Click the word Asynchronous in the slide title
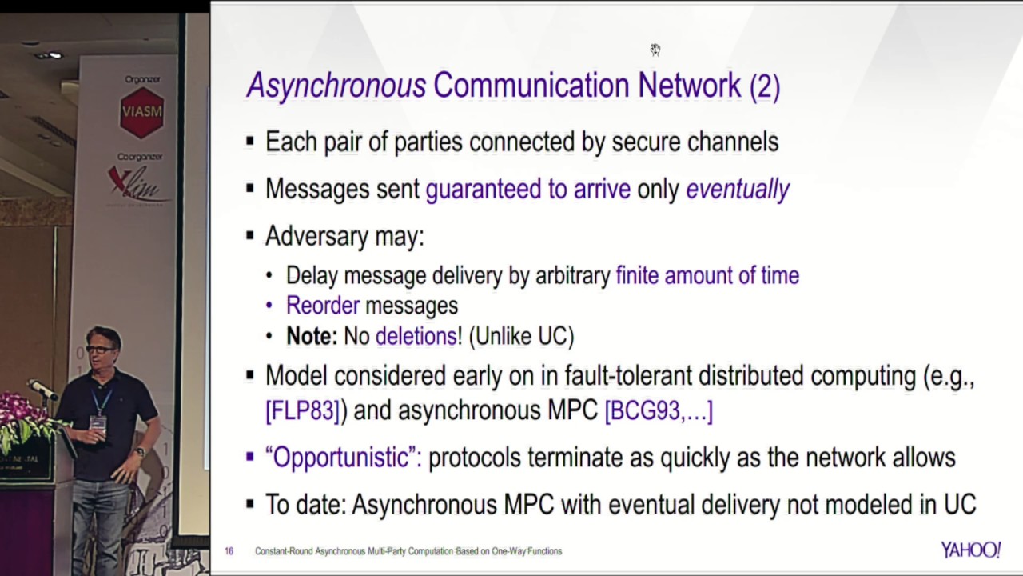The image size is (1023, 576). click(x=336, y=86)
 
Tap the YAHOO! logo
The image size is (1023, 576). click(x=970, y=550)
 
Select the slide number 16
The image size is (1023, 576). click(x=229, y=551)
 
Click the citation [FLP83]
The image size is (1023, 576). click(x=303, y=410)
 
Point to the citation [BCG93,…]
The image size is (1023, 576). click(x=659, y=410)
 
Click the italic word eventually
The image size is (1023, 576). click(x=738, y=189)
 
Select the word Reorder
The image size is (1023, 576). click(x=323, y=306)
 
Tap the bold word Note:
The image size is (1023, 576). click(x=312, y=337)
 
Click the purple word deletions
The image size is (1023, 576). click(x=416, y=337)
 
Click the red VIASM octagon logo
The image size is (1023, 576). click(x=141, y=111)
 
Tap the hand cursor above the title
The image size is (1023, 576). click(x=655, y=50)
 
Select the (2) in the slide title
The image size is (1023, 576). click(x=764, y=86)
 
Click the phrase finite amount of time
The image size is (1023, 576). click(x=707, y=276)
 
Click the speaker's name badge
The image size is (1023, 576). click(x=98, y=422)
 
